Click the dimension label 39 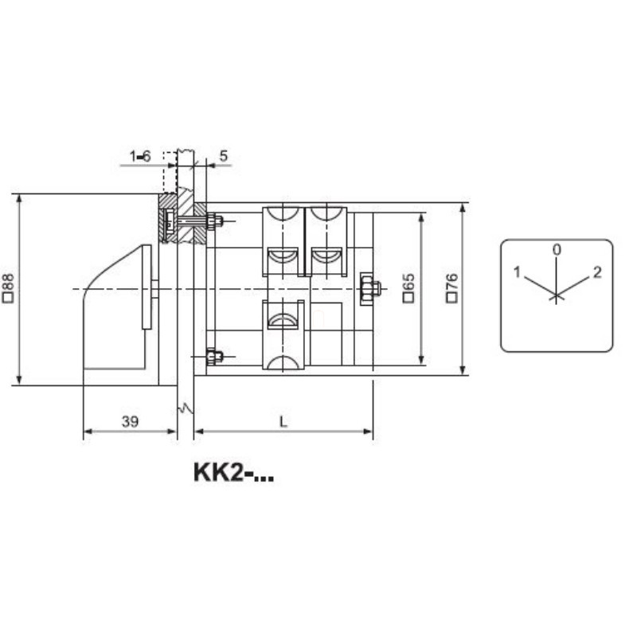(x=130, y=422)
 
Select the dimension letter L (x=283, y=422)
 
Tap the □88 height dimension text (x=9, y=287)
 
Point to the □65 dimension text (x=408, y=287)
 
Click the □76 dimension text (x=452, y=287)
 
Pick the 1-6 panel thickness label (x=140, y=156)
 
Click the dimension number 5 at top (x=224, y=155)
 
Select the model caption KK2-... (x=233, y=472)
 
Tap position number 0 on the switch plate (x=557, y=249)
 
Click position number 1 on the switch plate (x=517, y=272)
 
